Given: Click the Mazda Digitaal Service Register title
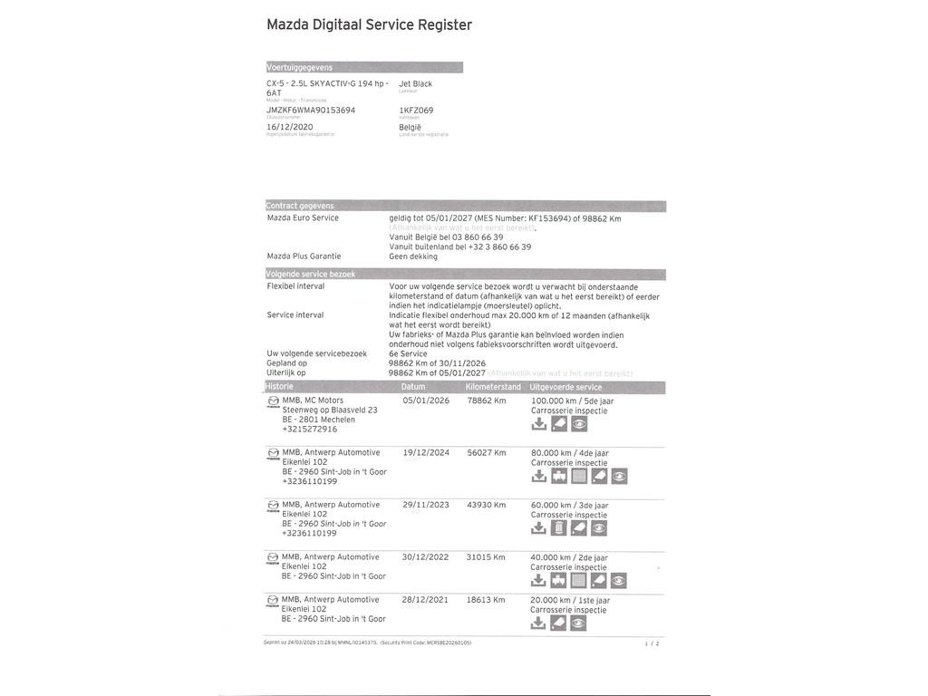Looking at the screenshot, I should [369, 25].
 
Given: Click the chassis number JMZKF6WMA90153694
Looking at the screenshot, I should [311, 111].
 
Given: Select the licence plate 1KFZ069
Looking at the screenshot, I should [416, 111].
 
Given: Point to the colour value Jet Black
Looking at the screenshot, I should [415, 83].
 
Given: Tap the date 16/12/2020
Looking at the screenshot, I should [289, 127].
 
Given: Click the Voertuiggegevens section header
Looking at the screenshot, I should [300, 67].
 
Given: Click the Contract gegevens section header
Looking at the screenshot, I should [301, 206].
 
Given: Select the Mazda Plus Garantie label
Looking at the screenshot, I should [304, 256].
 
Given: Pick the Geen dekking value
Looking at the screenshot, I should [413, 256].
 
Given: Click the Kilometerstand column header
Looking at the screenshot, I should [493, 387].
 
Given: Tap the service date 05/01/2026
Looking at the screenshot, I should [426, 400].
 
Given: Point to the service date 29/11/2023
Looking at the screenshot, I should [426, 505].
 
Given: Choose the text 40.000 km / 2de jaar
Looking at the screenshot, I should [569, 557].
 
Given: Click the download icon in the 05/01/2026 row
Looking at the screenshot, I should [538, 423].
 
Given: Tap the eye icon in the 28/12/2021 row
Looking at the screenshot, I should [579, 623].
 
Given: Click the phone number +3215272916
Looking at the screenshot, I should [309, 429].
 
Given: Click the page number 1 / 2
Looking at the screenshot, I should [652, 643].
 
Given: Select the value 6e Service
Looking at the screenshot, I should [408, 353].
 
